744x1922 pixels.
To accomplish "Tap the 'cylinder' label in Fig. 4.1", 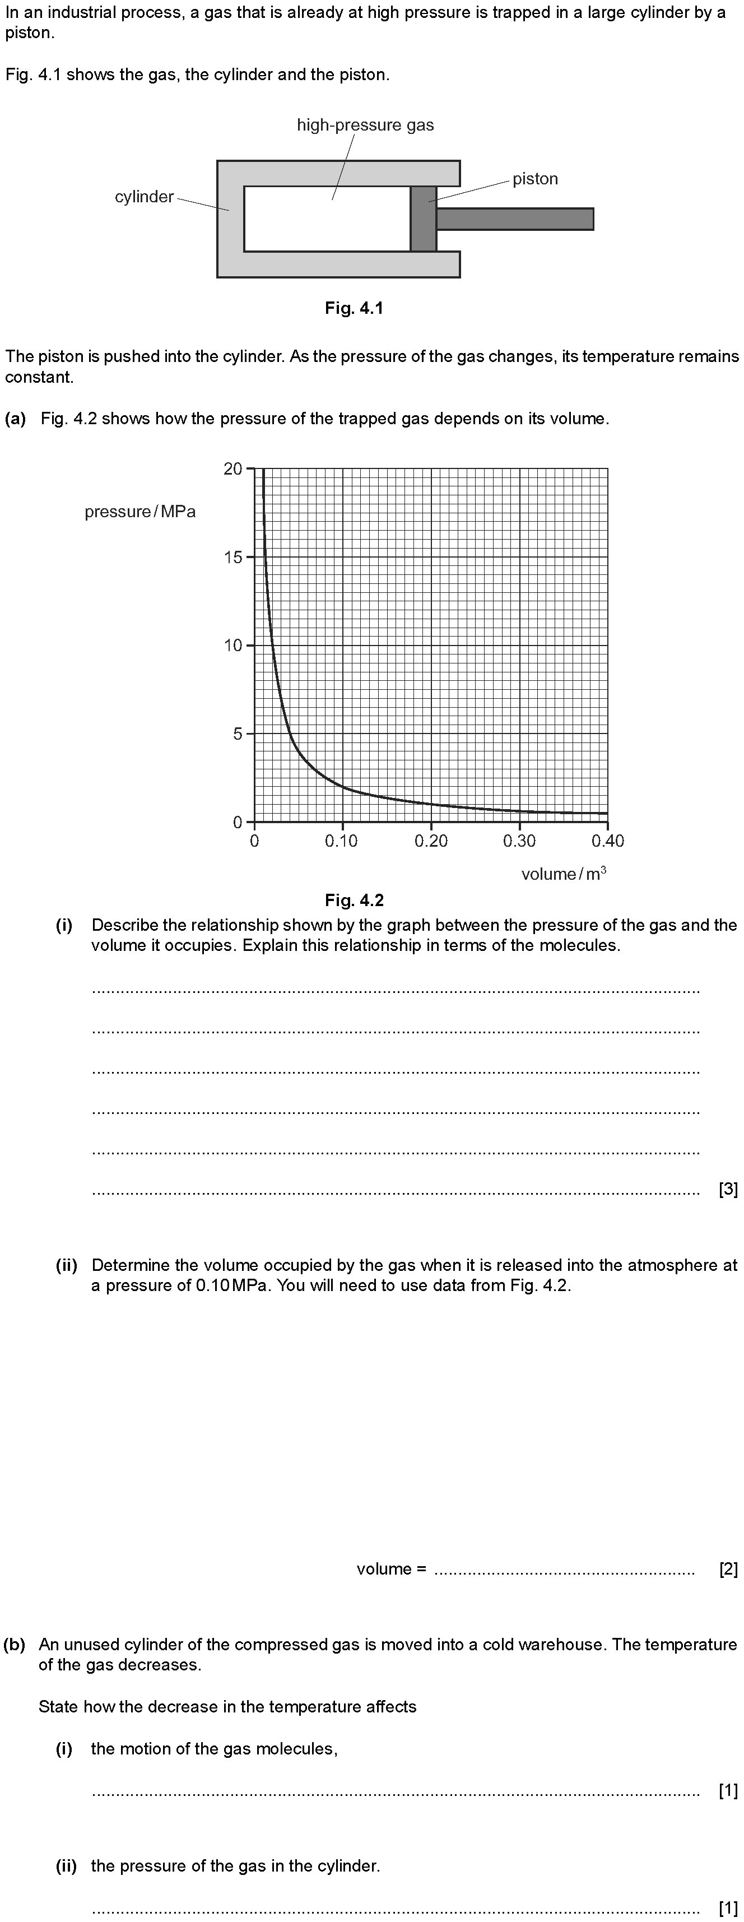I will click(144, 197).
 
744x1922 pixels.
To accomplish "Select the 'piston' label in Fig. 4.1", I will click(535, 179).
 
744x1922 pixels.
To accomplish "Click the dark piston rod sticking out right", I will click(515, 219).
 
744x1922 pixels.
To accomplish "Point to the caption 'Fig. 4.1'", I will click(354, 308).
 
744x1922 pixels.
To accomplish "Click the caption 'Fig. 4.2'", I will click(354, 900).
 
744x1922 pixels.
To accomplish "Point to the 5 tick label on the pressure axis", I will click(238, 734).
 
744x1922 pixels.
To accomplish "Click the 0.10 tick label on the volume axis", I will click(341, 842).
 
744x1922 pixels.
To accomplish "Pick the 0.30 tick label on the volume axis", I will click(519, 842).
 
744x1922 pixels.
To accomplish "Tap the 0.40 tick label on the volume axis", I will click(607, 842).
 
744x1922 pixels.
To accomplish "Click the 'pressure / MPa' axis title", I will click(140, 512).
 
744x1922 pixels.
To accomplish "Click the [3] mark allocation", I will click(728, 1189).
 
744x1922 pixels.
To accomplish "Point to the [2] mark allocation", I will click(728, 1569).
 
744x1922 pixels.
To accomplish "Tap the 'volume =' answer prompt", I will click(391, 1569).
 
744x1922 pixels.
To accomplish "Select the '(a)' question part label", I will click(15, 419).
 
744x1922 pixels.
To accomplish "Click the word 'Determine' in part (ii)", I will click(126, 1265).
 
